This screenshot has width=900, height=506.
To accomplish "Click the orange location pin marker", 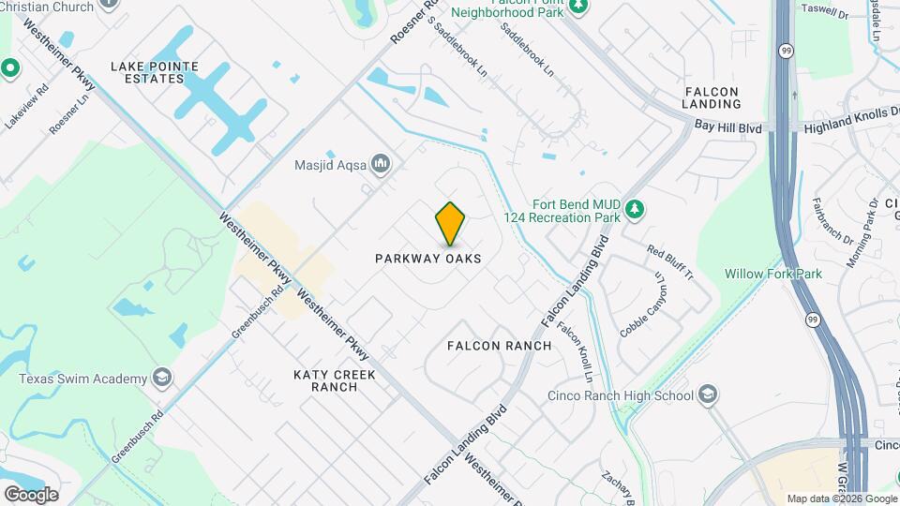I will click(451, 223).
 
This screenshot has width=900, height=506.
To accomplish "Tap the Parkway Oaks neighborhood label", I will click(428, 258).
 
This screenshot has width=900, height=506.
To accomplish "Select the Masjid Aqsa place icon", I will click(381, 165).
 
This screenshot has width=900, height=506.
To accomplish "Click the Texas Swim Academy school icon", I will click(163, 379).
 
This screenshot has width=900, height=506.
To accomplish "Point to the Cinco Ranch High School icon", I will click(710, 395).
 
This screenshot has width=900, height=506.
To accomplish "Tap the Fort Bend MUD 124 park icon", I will click(635, 209).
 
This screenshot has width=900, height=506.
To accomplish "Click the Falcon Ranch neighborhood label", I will click(499, 346).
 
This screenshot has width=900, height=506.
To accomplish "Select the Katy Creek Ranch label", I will click(335, 380).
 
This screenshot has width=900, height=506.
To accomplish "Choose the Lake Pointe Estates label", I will click(155, 72).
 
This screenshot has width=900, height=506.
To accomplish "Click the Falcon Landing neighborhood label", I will click(712, 97).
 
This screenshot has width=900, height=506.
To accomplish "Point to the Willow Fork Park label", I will click(773, 275).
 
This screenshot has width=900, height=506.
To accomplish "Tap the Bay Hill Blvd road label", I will click(733, 127).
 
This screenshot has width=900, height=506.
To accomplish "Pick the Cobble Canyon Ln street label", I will click(641, 305).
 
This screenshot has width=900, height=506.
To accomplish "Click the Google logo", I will click(31, 495).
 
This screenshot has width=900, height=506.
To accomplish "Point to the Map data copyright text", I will click(841, 499).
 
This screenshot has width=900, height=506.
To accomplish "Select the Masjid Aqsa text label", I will click(331, 165).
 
